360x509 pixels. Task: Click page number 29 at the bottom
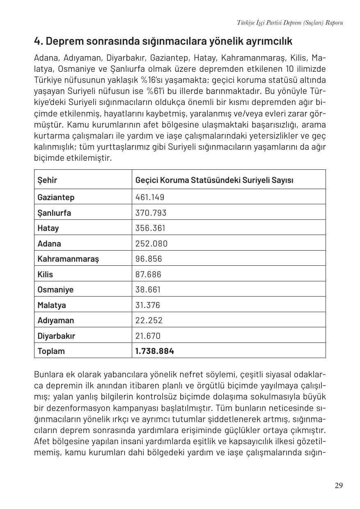338,486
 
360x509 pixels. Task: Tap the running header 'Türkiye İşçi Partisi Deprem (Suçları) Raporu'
290,23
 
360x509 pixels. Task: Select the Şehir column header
47,180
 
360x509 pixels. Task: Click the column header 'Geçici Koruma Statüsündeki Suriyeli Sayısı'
214,180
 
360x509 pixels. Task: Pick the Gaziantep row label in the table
56,197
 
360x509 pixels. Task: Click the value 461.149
149,197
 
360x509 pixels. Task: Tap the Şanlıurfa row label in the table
54,213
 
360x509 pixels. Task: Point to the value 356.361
151,228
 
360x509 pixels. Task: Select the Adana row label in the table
49,244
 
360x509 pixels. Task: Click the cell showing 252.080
151,244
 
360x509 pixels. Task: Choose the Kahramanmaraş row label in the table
68,259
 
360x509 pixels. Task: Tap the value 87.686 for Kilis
148,274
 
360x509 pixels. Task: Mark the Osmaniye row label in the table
55,290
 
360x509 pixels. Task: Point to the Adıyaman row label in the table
56,320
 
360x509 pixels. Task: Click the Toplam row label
51,351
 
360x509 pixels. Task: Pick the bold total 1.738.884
154,351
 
